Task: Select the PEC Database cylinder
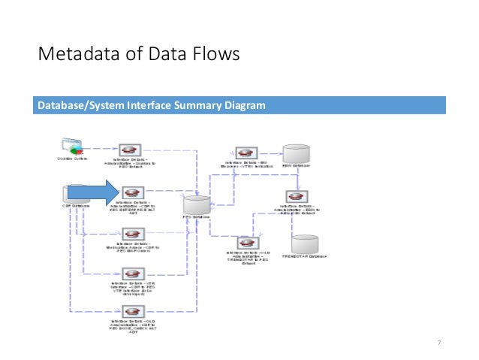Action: pos(197,204)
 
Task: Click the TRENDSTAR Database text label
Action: pos(305,257)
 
